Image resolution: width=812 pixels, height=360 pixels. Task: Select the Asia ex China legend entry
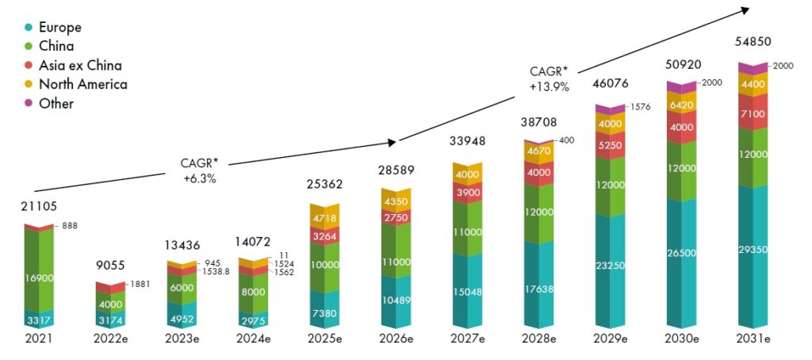pos(79,66)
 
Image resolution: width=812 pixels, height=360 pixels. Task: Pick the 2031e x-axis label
pos(756,339)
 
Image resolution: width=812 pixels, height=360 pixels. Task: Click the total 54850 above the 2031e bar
pos(754,42)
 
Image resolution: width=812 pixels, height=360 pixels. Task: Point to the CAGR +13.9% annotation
pos(550,80)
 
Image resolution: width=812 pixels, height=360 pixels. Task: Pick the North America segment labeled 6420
pos(684,103)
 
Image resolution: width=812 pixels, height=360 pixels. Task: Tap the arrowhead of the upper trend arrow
pos(745,9)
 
